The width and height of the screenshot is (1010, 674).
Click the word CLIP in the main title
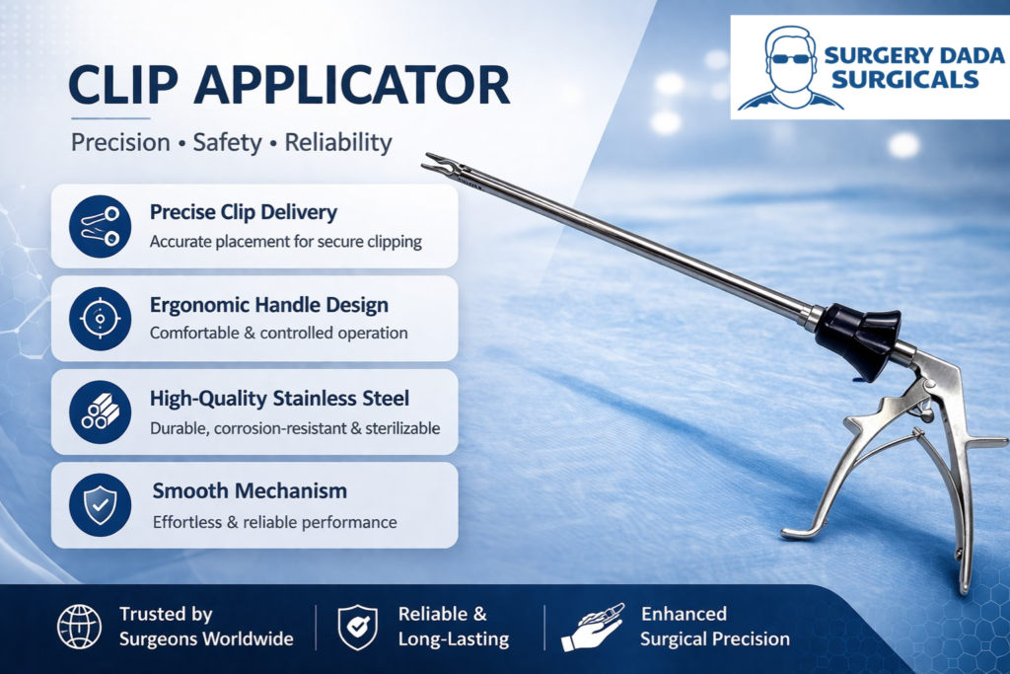coord(123,85)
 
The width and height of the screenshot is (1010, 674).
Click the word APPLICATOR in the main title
coord(352,85)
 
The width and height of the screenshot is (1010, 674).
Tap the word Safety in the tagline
coord(228,142)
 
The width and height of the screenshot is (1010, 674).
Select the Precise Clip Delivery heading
coord(244,212)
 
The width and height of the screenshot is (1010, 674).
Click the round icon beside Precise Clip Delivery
coord(100,226)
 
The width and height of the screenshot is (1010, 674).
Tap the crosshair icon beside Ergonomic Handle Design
coord(100,319)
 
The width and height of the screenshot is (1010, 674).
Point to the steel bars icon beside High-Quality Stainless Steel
coord(100,412)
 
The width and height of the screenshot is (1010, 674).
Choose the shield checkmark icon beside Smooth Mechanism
coord(100,505)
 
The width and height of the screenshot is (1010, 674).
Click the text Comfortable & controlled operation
coord(279,334)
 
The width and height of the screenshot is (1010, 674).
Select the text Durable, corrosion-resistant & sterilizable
coord(295,428)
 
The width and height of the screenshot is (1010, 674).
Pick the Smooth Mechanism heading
coord(250,491)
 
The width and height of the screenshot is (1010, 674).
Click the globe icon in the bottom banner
coord(79,627)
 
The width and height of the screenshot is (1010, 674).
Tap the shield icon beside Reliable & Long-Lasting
coord(357,627)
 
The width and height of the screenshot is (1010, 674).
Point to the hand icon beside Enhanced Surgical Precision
coord(593,628)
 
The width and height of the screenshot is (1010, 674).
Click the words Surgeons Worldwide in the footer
coord(206,638)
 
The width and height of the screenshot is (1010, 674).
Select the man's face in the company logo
coord(791,66)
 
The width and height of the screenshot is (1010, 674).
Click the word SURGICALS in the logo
coord(905,79)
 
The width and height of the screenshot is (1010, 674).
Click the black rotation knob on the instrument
coord(857,339)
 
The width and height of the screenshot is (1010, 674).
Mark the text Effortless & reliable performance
coord(275,522)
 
